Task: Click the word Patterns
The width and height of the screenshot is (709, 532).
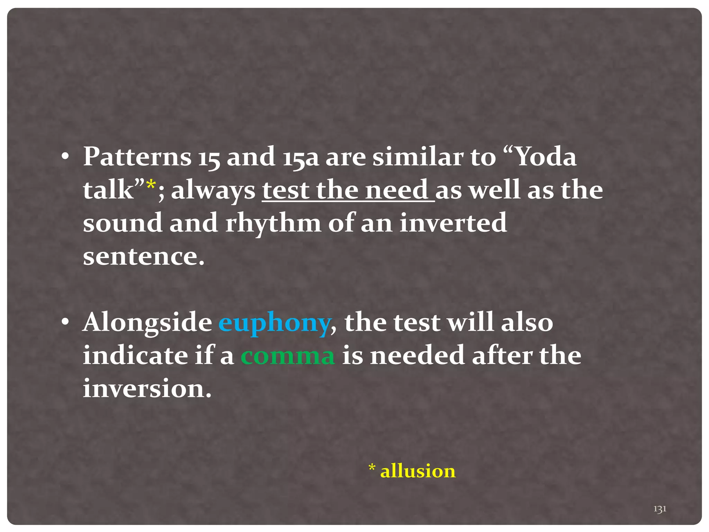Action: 137,157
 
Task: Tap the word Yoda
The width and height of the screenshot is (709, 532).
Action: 546,157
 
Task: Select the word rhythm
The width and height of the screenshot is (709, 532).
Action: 273,224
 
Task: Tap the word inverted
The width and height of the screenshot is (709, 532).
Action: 453,223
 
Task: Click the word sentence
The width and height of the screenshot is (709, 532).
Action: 144,257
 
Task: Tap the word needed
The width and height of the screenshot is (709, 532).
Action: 417,356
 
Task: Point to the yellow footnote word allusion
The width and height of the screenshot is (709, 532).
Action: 418,471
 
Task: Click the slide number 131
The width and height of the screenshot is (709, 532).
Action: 660,509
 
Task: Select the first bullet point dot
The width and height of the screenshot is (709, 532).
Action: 65,157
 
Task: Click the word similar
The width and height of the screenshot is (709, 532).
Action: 418,157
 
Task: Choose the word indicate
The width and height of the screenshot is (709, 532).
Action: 135,356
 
